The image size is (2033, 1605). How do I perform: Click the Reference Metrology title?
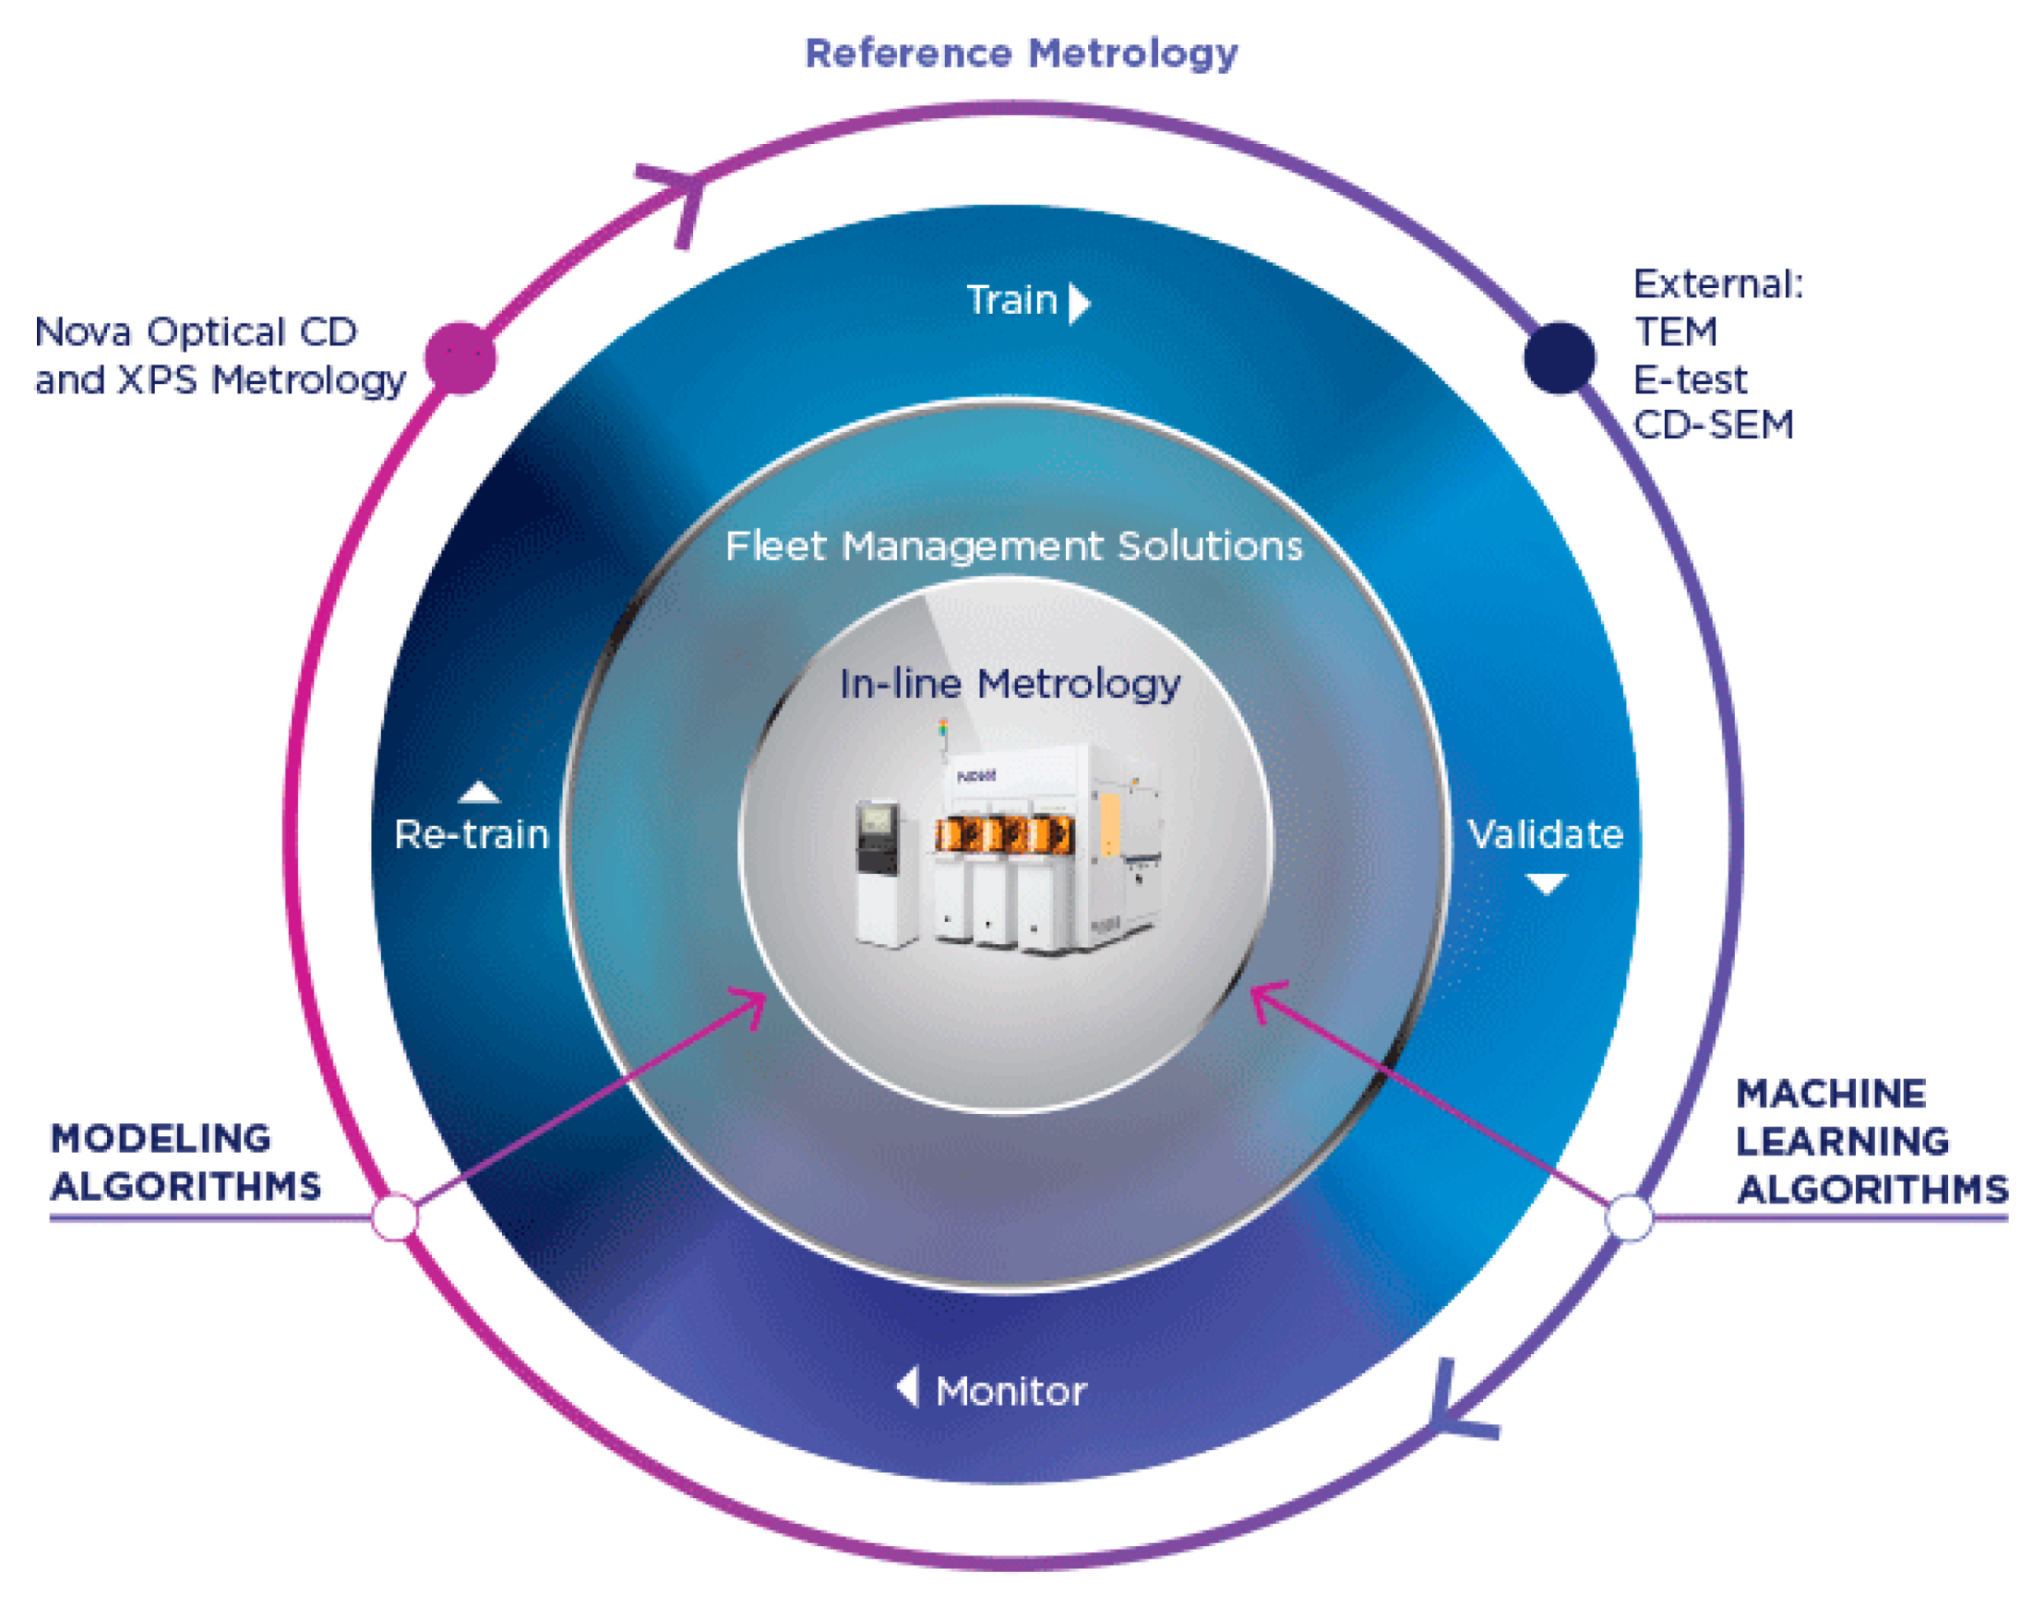1022,54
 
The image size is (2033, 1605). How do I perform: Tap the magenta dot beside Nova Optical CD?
460,358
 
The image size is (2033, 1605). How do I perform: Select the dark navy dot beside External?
1559,358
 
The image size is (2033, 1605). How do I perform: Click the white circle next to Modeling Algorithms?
395,1218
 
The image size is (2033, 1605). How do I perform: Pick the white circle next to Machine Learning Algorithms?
1629,1218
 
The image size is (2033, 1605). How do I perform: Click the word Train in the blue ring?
1011,301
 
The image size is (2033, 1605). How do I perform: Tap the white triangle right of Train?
1079,304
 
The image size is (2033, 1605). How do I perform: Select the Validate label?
1546,834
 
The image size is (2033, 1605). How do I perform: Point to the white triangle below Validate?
1546,882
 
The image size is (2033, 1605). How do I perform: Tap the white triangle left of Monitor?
907,1387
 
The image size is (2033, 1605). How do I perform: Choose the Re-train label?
471,834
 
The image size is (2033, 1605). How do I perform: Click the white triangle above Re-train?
478,793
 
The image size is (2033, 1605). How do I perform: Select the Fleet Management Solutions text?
1013,546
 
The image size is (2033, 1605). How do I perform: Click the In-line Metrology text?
1010,684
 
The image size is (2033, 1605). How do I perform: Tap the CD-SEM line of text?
1713,425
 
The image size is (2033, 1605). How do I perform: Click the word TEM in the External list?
1675,331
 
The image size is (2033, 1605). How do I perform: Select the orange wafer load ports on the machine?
1003,833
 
